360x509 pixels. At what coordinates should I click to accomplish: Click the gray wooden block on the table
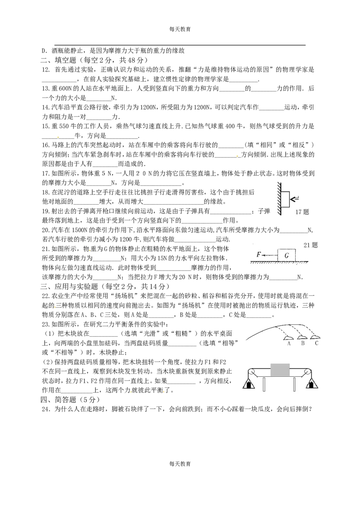[x=280, y=370]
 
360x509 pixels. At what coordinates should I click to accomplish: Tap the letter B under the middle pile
[x=303, y=344]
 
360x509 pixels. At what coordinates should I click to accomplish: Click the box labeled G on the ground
[x=287, y=255]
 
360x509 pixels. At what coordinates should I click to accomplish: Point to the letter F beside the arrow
[x=259, y=254]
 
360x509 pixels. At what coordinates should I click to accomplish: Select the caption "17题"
[x=302, y=212]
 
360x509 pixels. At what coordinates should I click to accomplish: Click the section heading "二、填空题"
[x=58, y=60]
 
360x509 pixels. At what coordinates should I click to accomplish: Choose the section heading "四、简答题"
[x=58, y=400]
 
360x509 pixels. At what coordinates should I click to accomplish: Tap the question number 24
[x=46, y=409]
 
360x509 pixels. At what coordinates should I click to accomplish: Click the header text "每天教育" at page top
[x=180, y=29]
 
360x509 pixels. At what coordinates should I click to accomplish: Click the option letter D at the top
[x=44, y=51]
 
